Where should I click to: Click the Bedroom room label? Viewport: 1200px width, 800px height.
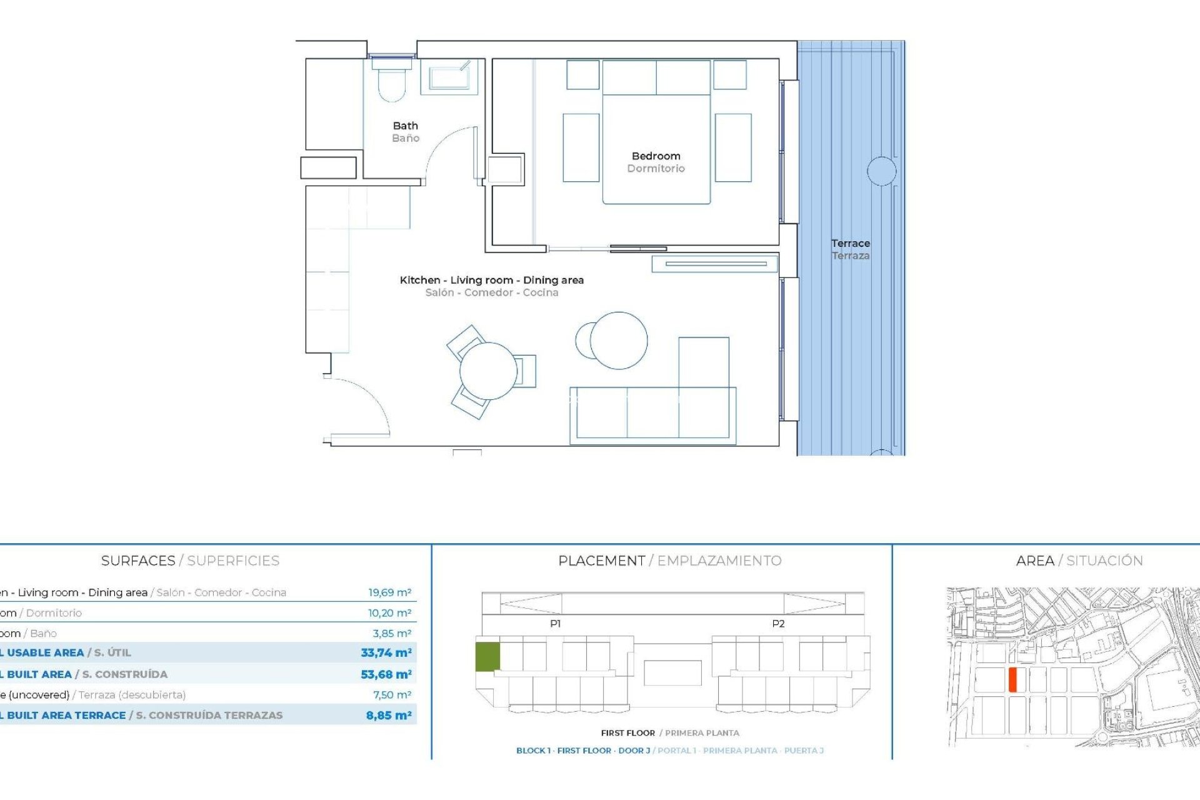click(x=656, y=156)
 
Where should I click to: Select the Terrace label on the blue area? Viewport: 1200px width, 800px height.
click(x=850, y=244)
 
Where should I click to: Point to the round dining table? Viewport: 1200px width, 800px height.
click(x=488, y=371)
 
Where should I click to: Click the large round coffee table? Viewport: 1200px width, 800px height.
click(x=618, y=341)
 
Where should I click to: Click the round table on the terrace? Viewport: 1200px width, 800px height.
click(x=881, y=171)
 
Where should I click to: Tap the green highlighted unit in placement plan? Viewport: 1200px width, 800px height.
click(x=487, y=656)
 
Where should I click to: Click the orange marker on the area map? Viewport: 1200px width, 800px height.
click(x=1012, y=679)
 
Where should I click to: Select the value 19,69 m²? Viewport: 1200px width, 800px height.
click(x=389, y=592)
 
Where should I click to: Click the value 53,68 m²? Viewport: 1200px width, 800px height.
click(x=386, y=674)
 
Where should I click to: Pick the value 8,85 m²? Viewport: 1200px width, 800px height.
click(x=388, y=715)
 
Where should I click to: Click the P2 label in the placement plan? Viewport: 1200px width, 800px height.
click(x=777, y=624)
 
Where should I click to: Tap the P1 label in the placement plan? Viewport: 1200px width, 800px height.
click(x=555, y=624)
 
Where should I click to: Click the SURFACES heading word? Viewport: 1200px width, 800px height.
click(x=138, y=561)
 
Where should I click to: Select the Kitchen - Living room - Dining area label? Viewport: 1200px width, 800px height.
click(x=491, y=281)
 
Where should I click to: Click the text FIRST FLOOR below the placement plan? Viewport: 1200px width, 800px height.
click(x=627, y=733)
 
